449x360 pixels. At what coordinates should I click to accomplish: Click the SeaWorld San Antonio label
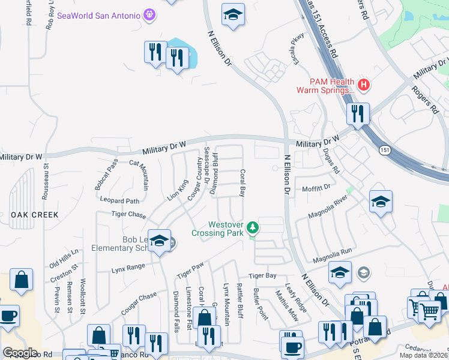click(x=99, y=14)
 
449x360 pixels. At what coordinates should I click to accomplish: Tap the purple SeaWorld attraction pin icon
click(x=149, y=14)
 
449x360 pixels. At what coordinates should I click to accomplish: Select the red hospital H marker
click(x=363, y=86)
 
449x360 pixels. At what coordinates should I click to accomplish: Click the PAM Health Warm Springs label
click(x=324, y=86)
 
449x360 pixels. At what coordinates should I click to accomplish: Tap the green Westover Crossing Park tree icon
click(x=253, y=228)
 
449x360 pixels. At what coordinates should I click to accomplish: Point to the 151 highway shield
click(x=385, y=149)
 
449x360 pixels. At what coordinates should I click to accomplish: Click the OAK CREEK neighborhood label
click(x=34, y=214)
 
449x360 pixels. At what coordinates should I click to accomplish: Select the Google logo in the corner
click(x=20, y=353)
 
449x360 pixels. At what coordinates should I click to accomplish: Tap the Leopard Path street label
click(x=119, y=201)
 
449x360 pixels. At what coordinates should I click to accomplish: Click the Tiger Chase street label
click(x=128, y=214)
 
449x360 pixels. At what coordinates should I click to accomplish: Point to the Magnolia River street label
click(x=328, y=206)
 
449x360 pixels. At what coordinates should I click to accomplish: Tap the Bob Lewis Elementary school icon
click(x=159, y=241)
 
